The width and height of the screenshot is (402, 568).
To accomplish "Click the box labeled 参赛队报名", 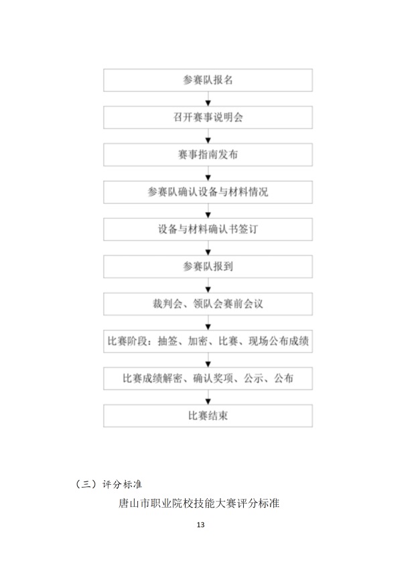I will point(208,80).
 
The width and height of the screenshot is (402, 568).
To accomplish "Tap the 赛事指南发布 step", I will point(208,154).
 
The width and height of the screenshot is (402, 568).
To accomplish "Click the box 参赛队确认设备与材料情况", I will point(208,192).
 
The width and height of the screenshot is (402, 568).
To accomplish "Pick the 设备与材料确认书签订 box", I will point(208,229).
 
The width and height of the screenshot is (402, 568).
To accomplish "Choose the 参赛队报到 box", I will point(208,266).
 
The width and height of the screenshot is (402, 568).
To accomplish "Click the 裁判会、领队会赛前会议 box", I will point(208,304).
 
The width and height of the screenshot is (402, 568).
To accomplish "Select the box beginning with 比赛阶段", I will point(208,341).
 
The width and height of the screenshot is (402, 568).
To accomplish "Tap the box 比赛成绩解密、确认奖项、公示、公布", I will point(208,378).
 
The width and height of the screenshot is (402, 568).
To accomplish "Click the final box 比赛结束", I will point(208,416).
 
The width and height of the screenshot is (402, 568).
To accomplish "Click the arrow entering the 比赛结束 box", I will point(208,398).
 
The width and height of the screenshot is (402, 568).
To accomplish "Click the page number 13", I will point(200,524).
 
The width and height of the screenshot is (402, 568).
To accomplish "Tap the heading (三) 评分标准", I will point(108,483).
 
